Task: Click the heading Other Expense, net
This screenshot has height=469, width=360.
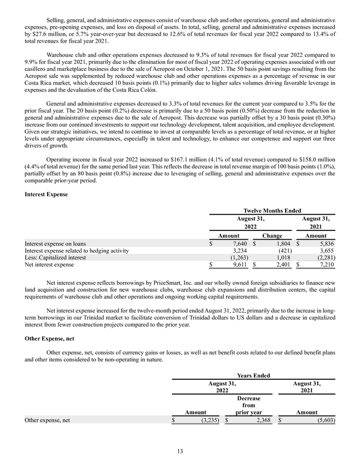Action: (x=53, y=339)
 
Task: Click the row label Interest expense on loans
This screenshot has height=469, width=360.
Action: (x=57, y=243)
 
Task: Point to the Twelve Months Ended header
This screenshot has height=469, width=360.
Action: (x=273, y=209)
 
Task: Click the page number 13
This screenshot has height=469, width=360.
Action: (x=180, y=451)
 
